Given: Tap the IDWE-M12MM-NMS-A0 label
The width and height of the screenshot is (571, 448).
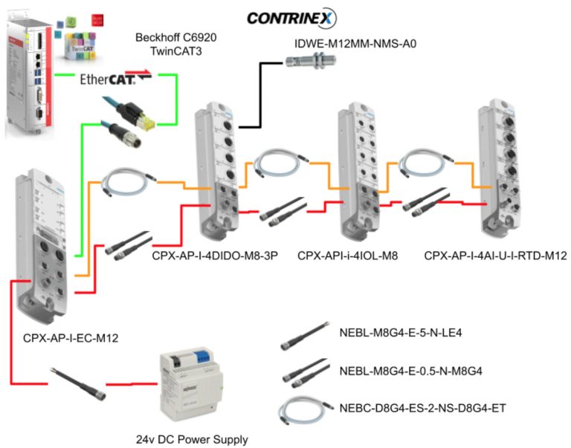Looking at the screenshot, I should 356,44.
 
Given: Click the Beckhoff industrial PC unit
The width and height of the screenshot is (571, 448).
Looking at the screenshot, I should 29,78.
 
